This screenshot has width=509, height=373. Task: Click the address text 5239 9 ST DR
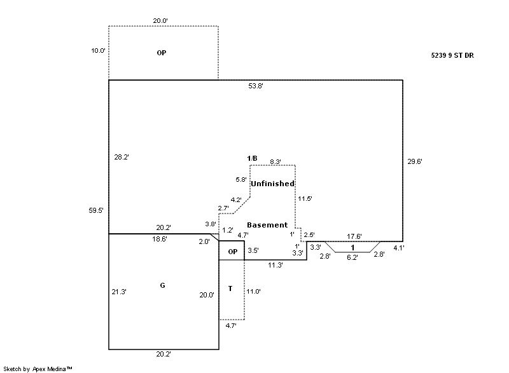tap(452, 55)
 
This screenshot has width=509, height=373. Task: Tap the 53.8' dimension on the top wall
tap(256, 86)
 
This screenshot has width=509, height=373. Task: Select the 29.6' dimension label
tap(415, 161)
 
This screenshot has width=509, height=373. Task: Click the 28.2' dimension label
tap(122, 157)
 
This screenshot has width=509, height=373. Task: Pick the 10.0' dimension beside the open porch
tap(98, 50)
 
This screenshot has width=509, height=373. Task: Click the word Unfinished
tap(272, 184)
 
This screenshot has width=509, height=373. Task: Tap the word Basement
tap(267, 225)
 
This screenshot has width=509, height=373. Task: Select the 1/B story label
tap(253, 158)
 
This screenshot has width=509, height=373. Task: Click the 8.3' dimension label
tap(275, 162)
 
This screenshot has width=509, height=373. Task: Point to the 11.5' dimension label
tap(305, 199)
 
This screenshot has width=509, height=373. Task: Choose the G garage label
tap(162, 286)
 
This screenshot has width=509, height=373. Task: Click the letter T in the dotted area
tap(230, 289)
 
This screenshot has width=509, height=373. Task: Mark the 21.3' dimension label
tap(119, 292)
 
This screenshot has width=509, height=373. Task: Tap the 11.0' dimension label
tap(254, 291)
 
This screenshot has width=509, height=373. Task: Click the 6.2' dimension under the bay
tap(352, 257)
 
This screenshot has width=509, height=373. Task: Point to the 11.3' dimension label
tap(275, 265)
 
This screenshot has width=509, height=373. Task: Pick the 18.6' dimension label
tap(160, 239)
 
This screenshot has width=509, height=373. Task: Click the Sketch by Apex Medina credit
tap(38, 369)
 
